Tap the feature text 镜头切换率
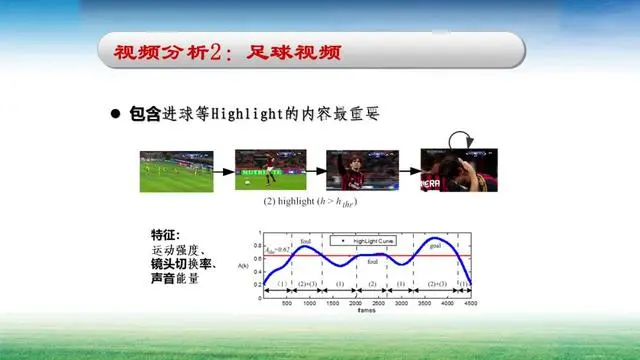(184, 265)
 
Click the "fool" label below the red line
(372, 262)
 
